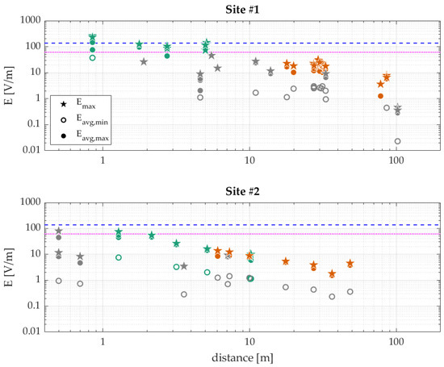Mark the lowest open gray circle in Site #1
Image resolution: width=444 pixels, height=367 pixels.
(397, 141)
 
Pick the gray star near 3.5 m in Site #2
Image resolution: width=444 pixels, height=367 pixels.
(184, 266)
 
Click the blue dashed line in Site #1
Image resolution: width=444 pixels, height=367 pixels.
(242, 43)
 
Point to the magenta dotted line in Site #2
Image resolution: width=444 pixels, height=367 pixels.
(242, 234)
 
